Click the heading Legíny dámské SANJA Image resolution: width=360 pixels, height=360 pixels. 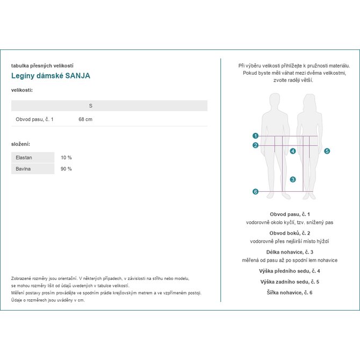point(51,76)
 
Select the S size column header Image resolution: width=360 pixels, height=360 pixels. point(90,106)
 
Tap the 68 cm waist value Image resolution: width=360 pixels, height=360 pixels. point(85,119)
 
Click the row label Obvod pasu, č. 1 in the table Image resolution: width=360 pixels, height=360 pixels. point(34,119)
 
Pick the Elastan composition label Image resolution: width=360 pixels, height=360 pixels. point(24,158)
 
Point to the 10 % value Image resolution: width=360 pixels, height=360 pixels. point(66,158)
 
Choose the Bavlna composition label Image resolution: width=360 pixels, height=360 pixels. point(24,169)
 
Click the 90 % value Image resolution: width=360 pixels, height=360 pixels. point(66,169)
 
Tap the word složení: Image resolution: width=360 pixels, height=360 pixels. point(20,144)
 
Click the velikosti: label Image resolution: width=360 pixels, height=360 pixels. point(22,90)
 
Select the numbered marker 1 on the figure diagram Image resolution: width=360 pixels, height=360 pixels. point(256,136)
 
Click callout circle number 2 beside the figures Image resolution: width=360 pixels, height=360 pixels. point(256,145)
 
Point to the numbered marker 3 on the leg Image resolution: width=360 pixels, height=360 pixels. point(293,179)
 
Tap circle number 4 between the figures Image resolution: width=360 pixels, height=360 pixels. point(293,152)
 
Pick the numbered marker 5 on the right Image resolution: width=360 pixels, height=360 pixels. point(327,152)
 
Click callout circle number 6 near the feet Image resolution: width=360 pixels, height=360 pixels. point(256,192)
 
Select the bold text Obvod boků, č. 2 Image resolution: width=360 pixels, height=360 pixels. point(290,233)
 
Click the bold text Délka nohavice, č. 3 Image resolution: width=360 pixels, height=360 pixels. point(290,252)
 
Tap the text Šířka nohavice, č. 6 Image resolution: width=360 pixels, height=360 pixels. point(290,292)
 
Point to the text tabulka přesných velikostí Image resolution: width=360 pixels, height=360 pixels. point(42,66)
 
